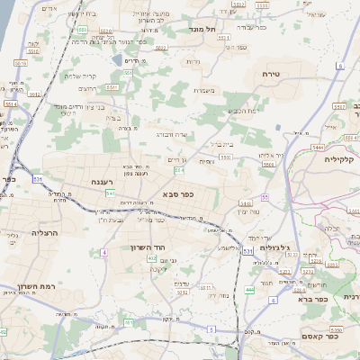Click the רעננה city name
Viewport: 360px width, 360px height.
pyautogui.click(x=106, y=182)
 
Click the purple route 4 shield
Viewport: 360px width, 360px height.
pyautogui.click(x=103, y=253)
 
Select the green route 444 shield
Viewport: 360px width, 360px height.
pyautogui.click(x=248, y=290)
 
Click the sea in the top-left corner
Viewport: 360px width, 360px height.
pyautogui.click(x=7, y=18)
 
